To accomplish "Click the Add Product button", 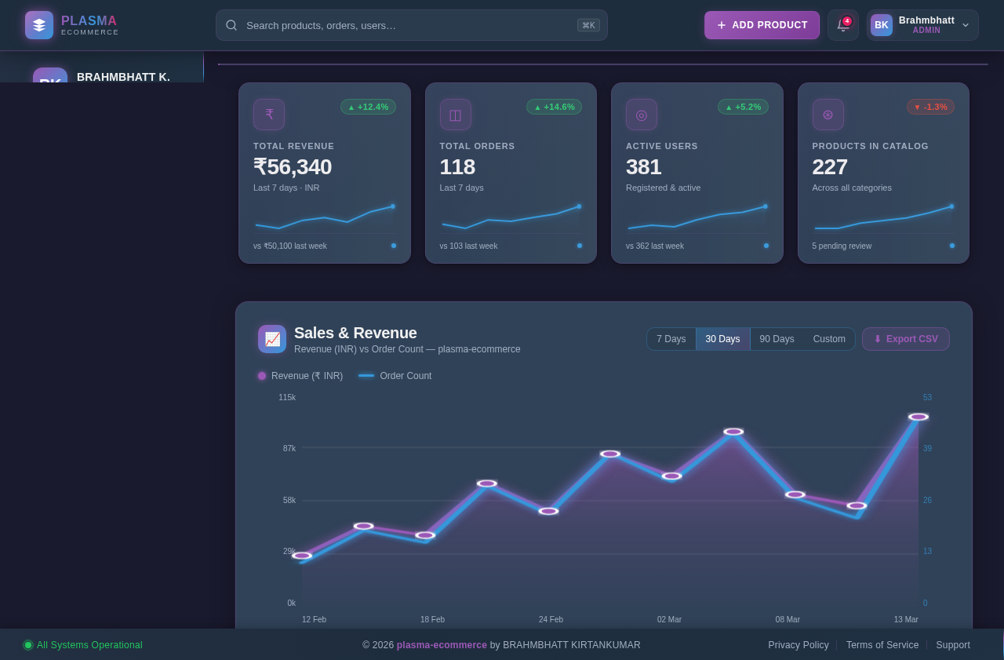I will tap(762, 25).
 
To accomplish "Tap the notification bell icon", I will tap(843, 25).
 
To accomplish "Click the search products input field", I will tap(408, 25).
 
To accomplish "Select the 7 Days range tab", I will tap(671, 339).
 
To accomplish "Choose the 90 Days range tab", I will tap(777, 339).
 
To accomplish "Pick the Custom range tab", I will tap(829, 339).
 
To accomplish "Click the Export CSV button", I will tap(905, 339).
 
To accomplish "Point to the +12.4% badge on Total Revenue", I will tap(368, 107).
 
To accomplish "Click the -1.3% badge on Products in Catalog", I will tap(930, 107).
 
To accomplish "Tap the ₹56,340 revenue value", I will tap(293, 167).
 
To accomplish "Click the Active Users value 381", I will tap(643, 167).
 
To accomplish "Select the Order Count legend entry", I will tap(395, 376).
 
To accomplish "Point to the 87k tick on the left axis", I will tap(289, 448).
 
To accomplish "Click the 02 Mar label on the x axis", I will tap(669, 619).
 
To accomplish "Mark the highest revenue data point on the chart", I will tap(918, 417).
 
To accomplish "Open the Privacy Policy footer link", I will tap(798, 645).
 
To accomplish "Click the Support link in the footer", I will tap(952, 645).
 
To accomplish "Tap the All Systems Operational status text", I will tap(89, 645).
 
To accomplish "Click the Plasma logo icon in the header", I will tap(39, 25).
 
